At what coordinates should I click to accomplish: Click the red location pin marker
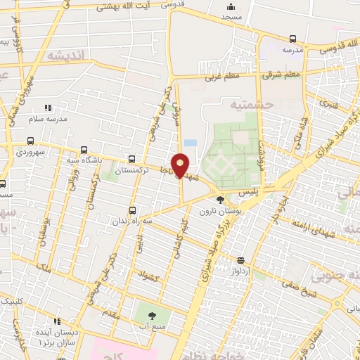(181, 166)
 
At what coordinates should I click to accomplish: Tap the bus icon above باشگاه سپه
(84, 149)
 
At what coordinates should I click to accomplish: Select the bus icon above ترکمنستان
(133, 159)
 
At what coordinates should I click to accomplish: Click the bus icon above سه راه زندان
(133, 210)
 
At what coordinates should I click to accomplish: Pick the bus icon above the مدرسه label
(292, 39)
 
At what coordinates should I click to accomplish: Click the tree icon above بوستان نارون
(220, 200)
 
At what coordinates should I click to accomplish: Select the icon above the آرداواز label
(241, 260)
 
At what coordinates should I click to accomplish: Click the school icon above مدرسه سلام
(48, 108)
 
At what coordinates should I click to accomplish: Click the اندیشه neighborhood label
(65, 55)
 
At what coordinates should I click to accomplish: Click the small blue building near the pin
(190, 143)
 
